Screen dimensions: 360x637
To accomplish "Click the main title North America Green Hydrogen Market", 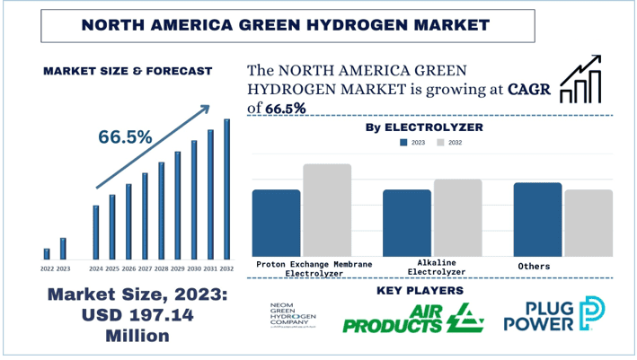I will click(x=317, y=23).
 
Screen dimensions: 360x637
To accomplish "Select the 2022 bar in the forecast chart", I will click(x=47, y=253).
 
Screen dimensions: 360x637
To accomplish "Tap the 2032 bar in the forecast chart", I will click(x=226, y=189).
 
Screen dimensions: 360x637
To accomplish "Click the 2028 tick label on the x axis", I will click(x=161, y=268).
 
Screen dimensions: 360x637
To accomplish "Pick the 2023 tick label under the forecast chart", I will click(x=63, y=268).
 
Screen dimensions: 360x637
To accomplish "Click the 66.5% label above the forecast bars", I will click(x=125, y=136).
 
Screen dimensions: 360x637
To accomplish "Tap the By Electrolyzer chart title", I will click(x=424, y=127).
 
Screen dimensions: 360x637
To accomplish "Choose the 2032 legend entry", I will click(x=451, y=143).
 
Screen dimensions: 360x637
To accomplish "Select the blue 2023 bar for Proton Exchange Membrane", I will click(x=276, y=224).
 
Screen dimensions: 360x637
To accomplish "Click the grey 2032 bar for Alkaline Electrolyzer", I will click(x=457, y=218).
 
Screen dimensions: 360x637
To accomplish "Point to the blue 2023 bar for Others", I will click(x=537, y=220).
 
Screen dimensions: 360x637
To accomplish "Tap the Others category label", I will click(x=535, y=267).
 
